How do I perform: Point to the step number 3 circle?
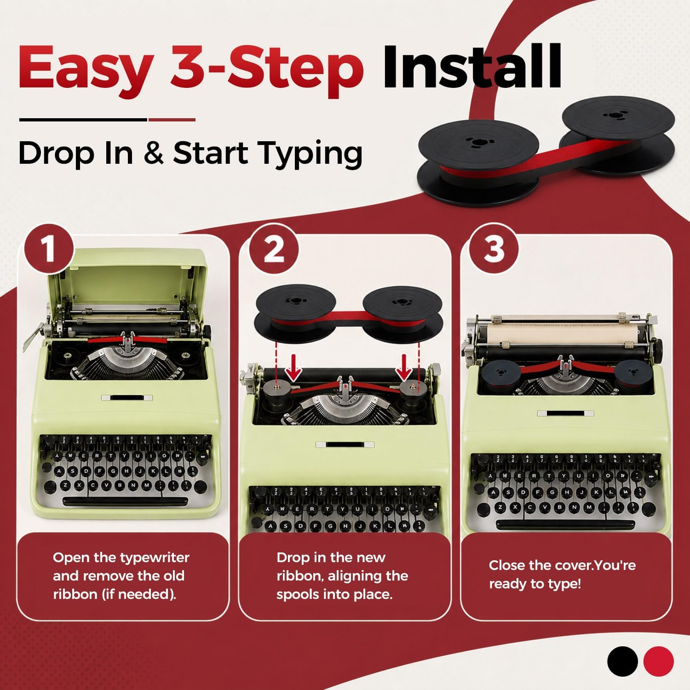(494, 249)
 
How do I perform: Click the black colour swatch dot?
(622, 661)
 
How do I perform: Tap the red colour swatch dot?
(658, 661)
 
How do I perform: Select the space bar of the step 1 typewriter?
(125, 500)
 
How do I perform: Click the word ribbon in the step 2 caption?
(298, 576)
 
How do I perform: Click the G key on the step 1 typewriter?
(113, 472)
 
